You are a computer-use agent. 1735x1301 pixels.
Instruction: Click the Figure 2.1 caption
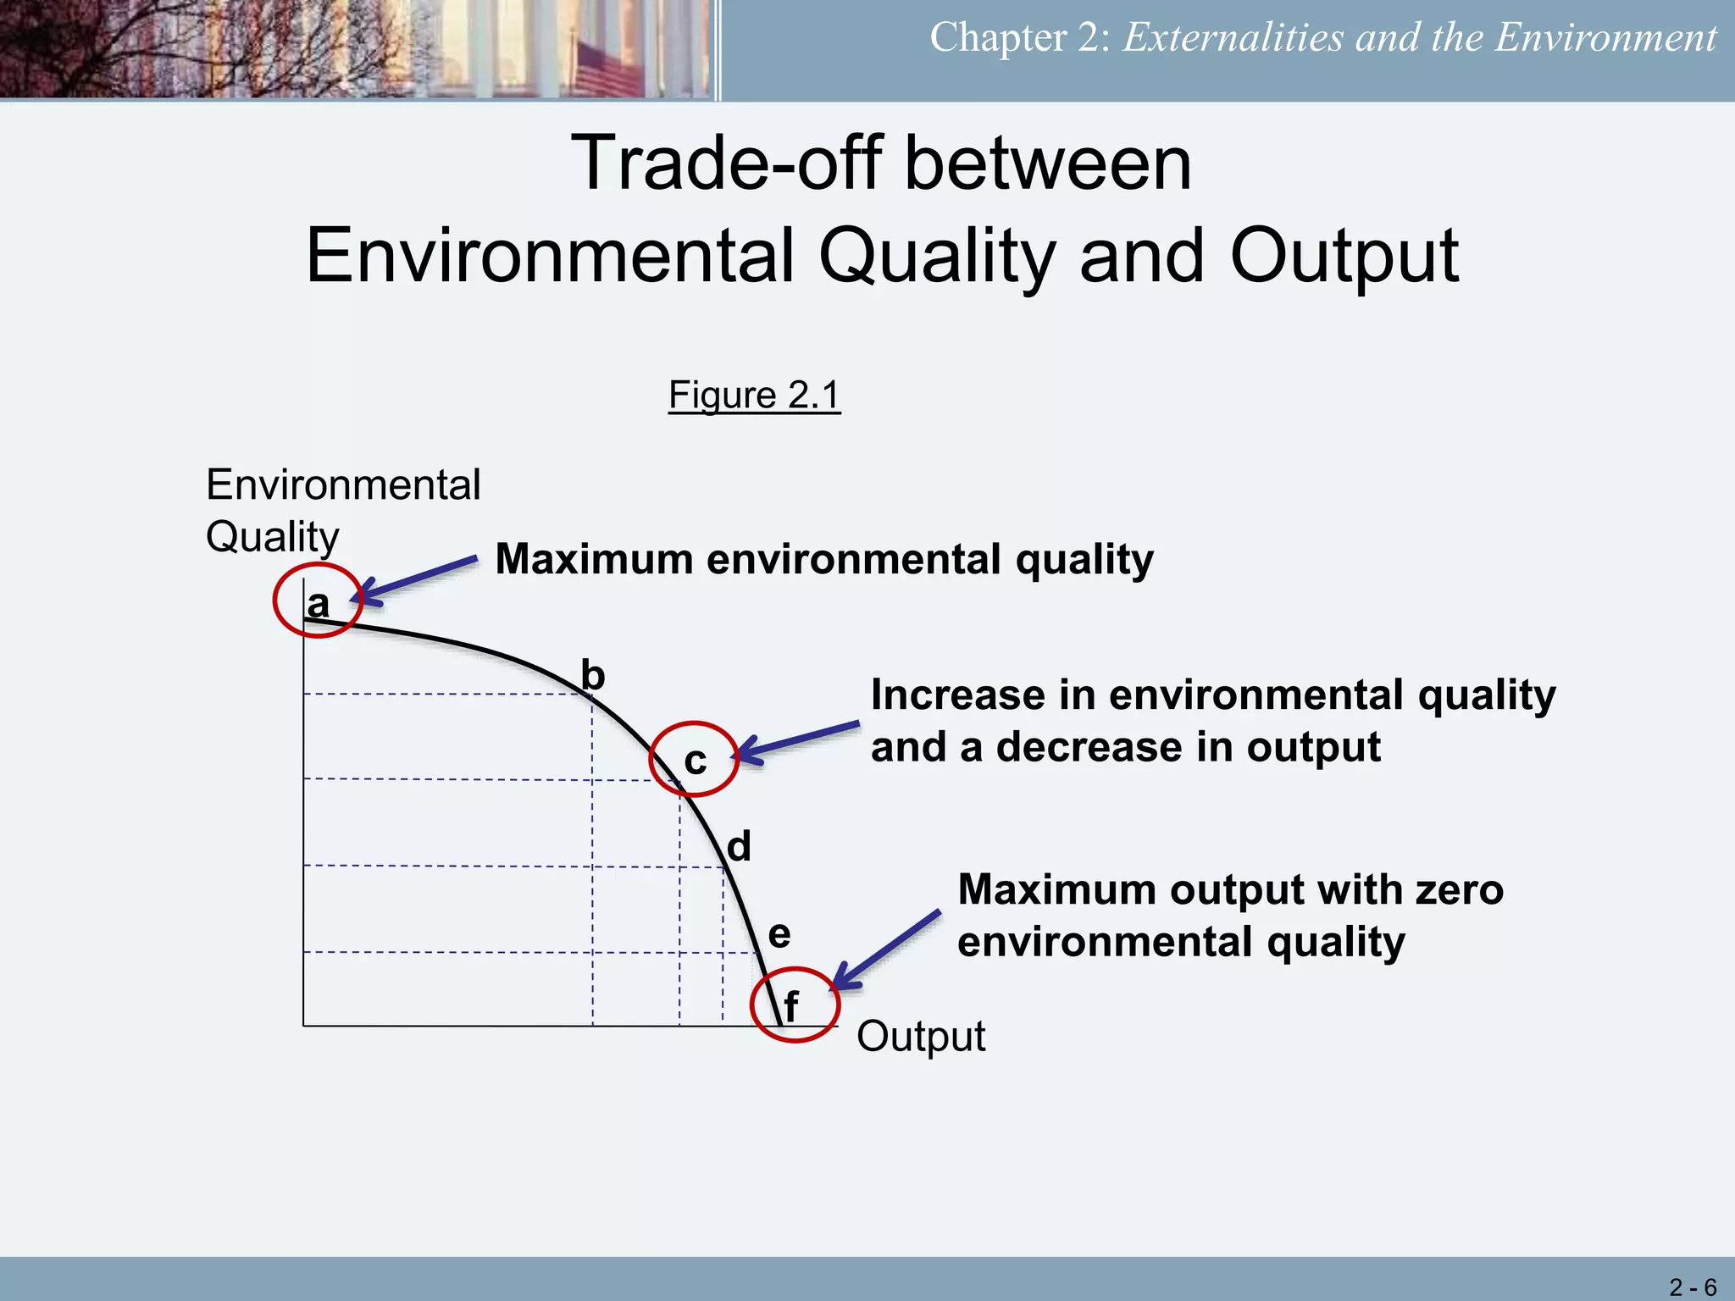754,395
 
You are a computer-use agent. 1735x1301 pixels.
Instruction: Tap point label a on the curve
318,604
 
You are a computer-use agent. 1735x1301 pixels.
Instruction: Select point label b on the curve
593,676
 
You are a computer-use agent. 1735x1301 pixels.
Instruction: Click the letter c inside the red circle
695,761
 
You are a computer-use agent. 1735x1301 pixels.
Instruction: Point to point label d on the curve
739,846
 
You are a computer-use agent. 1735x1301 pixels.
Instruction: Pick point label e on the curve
779,934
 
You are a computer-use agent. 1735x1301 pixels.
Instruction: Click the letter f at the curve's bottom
790,1007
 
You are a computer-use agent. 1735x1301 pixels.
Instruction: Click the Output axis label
921,1036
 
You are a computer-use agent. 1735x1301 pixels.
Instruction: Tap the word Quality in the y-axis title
272,537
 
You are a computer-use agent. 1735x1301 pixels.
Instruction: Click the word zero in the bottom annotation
1458,890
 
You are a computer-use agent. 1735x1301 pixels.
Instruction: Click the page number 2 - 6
1692,1287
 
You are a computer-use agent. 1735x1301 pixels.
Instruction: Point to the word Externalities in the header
1233,38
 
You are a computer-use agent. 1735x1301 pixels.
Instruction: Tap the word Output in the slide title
1344,256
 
